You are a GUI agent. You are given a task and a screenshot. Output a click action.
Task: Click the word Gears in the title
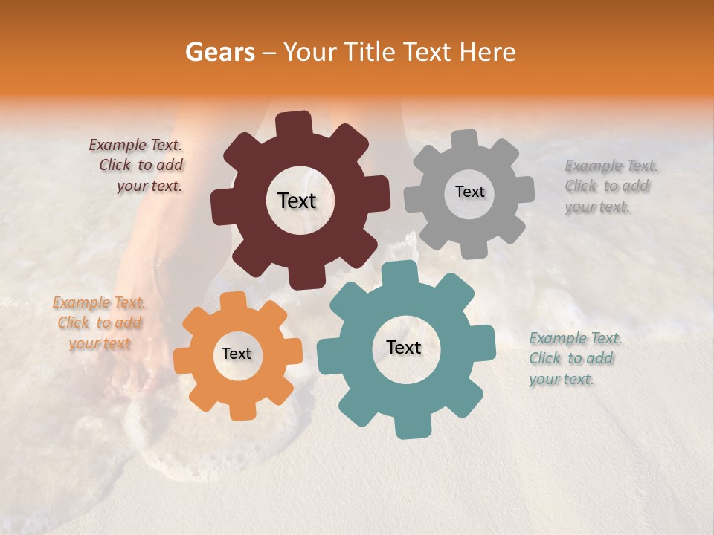coord(219,52)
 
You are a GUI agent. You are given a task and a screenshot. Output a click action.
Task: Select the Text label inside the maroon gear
coord(297,201)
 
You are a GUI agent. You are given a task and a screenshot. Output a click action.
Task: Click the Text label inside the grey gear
coord(469,192)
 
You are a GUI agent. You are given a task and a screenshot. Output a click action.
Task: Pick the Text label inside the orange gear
coord(237,354)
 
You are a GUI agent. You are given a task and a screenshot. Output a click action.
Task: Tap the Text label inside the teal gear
coord(404,347)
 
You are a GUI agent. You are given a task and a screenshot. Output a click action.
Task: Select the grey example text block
coord(610,186)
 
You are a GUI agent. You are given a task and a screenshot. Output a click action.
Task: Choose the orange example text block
coord(98,322)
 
